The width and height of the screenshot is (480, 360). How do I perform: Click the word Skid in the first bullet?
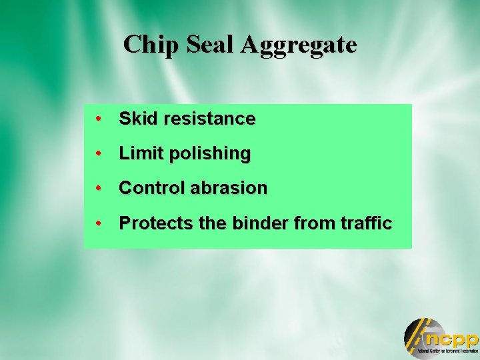pyautogui.click(x=137, y=119)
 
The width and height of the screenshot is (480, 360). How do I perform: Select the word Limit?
pyautogui.click(x=139, y=153)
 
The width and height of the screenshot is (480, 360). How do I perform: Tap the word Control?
pyautogui.click(x=152, y=188)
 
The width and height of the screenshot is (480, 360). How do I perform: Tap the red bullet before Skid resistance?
pyautogui.click(x=98, y=119)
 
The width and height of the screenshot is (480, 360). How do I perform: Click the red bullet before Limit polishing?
pyautogui.click(x=98, y=154)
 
